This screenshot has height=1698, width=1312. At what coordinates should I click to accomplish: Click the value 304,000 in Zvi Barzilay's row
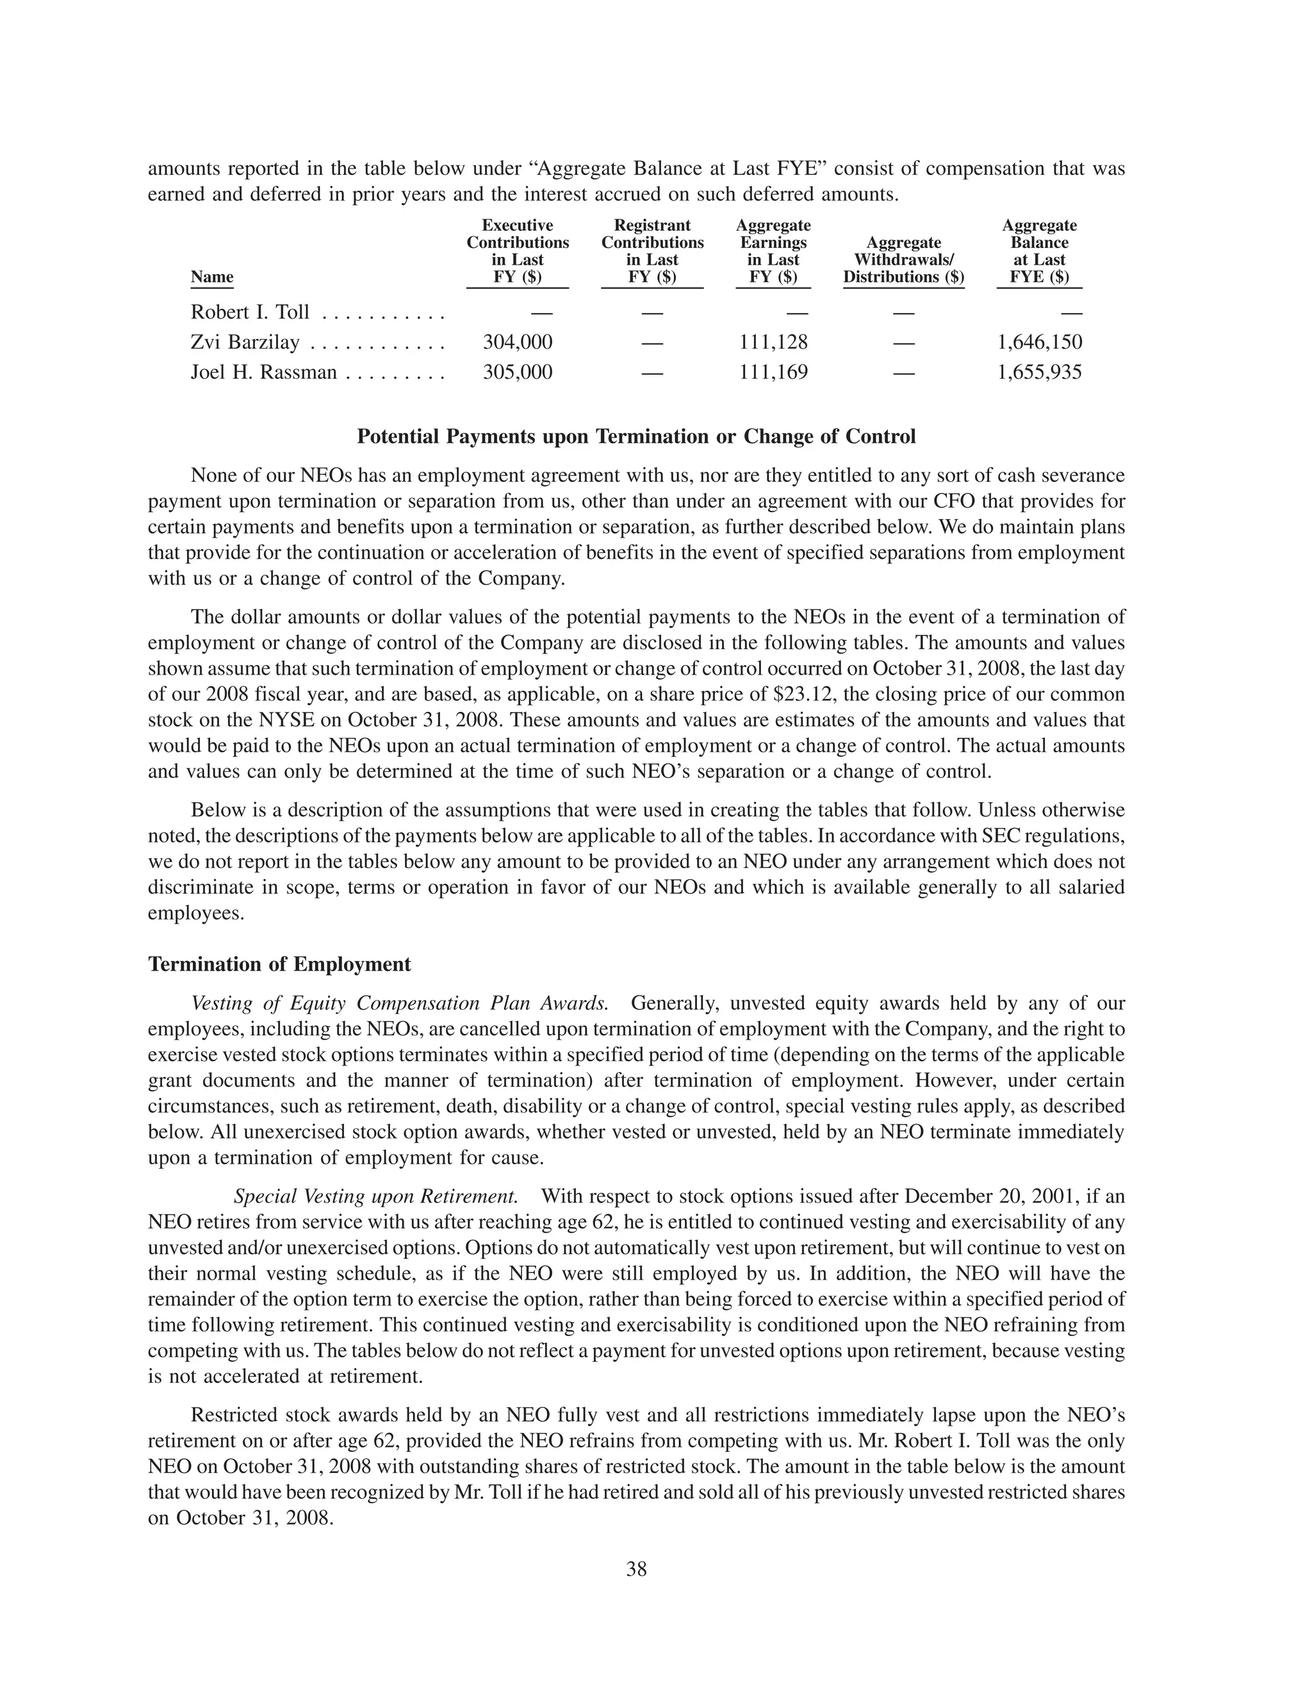click(x=518, y=343)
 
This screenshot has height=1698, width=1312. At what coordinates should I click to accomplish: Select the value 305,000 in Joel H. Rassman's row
click(x=518, y=372)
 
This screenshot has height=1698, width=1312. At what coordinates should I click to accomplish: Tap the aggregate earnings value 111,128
click(x=773, y=343)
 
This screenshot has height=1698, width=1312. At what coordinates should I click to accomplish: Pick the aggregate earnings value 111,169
click(x=773, y=372)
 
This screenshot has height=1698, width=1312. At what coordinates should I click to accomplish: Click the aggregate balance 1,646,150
click(x=1039, y=343)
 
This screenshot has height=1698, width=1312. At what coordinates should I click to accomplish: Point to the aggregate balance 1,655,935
click(x=1039, y=372)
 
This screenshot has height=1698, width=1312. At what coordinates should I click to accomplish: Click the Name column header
click(x=211, y=277)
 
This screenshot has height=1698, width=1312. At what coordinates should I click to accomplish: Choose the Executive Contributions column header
click(x=518, y=251)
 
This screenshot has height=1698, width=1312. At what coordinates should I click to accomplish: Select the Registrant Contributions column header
click(x=652, y=251)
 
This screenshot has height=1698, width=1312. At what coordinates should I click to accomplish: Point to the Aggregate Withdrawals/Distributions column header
click(x=903, y=260)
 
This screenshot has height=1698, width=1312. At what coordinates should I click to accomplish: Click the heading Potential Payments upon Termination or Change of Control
click(x=635, y=437)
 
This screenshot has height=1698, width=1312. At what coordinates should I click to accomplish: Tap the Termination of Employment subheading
click(x=279, y=965)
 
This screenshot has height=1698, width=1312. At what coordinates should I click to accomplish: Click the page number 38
click(x=635, y=1570)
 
